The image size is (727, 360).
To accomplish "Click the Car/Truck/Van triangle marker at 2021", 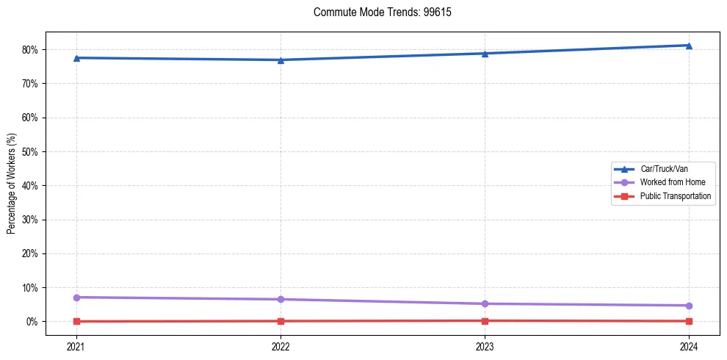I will (76, 58).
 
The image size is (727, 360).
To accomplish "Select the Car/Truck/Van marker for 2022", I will (281, 60).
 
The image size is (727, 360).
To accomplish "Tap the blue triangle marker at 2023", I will (485, 54).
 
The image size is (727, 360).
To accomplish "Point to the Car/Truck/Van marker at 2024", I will (689, 46).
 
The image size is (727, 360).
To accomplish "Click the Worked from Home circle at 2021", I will (76, 298).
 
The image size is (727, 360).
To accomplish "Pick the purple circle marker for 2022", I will (281, 300).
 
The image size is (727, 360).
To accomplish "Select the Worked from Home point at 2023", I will (485, 304).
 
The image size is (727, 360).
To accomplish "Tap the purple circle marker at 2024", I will (689, 306).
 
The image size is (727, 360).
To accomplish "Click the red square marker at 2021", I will (76, 322).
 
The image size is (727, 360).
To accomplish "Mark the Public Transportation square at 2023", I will (485, 321).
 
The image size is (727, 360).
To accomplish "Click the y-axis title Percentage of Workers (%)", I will (12, 184).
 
